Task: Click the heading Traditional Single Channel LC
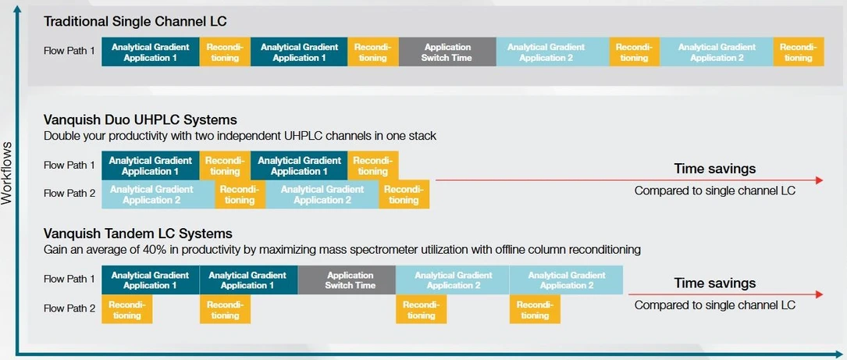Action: pyautogui.click(x=135, y=22)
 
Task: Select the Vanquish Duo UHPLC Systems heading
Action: pyautogui.click(x=140, y=119)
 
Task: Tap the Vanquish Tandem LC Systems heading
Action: pyautogui.click(x=137, y=233)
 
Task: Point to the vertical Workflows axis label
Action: pyautogui.click(x=7, y=173)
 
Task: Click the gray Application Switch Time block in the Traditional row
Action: pyautogui.click(x=447, y=52)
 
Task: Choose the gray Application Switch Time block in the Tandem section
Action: pyautogui.click(x=347, y=280)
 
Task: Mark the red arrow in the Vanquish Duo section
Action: pyautogui.click(x=629, y=180)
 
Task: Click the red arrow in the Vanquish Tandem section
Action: pyautogui.click(x=725, y=294)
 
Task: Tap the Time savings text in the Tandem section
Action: pyautogui.click(x=714, y=283)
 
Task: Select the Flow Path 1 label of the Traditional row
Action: pyautogui.click(x=69, y=52)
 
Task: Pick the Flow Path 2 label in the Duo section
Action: pyautogui.click(x=69, y=194)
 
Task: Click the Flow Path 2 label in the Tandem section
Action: pyautogui.click(x=69, y=308)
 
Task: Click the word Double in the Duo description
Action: pyautogui.click(x=59, y=136)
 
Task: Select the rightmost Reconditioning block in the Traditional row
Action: pyautogui.click(x=799, y=52)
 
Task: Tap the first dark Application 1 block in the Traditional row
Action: pyautogui.click(x=150, y=52)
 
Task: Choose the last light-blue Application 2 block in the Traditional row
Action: pyautogui.click(x=717, y=52)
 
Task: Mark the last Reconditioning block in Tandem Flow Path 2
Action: pyautogui.click(x=535, y=309)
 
